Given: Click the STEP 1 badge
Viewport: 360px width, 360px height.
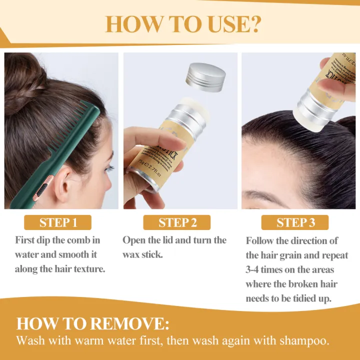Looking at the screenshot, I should [58, 222].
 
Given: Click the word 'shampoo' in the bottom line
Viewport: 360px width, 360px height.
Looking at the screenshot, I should [304, 341].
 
